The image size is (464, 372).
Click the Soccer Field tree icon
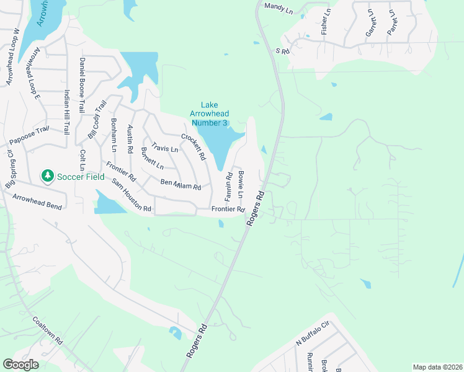click(47, 177)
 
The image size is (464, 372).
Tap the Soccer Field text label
click(79, 177)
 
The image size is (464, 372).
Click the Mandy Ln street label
click(278, 7)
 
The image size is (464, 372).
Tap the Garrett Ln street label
click(370, 24)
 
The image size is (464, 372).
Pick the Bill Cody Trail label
click(94, 122)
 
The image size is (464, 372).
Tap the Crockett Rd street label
click(193, 147)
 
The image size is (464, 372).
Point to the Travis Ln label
click(165, 149)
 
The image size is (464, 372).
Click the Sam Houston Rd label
click(132, 195)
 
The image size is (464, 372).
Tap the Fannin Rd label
click(228, 184)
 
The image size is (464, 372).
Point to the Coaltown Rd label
click(48, 331)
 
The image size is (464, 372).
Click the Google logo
click(20, 365)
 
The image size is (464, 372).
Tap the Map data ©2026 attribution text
click(437, 367)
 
